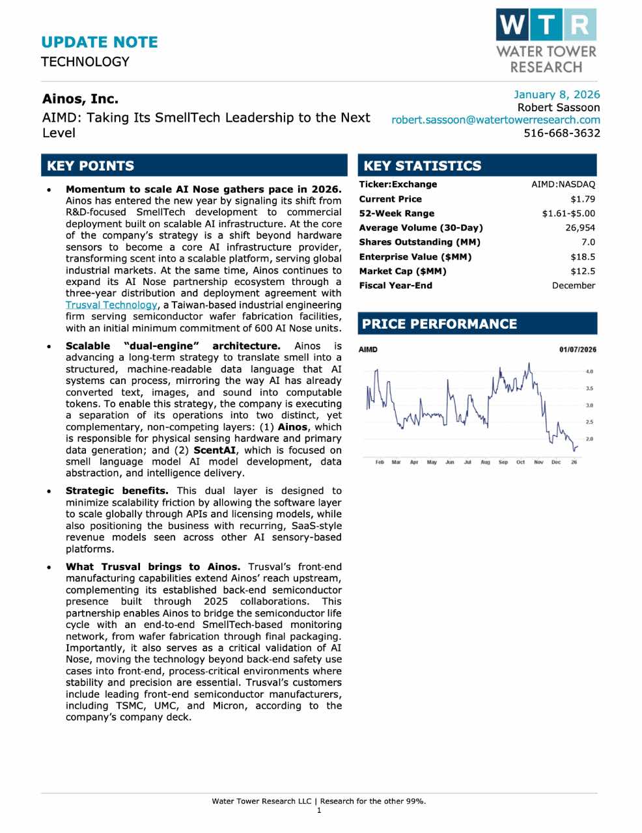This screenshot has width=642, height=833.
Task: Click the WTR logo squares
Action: (x=546, y=25)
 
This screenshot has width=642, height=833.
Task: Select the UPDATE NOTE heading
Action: (x=100, y=42)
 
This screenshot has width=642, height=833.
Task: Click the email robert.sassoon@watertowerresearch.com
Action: (x=495, y=120)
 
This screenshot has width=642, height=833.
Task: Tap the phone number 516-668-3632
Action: (x=562, y=133)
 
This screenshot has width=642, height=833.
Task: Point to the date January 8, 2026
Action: (x=557, y=94)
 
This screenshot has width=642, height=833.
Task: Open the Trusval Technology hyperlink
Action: (x=111, y=305)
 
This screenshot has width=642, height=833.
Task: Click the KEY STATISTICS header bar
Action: (x=477, y=165)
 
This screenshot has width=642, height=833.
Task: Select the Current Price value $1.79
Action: (x=583, y=199)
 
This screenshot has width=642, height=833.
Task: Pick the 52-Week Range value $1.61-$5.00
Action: (x=568, y=213)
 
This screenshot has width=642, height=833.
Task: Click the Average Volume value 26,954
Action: (x=580, y=228)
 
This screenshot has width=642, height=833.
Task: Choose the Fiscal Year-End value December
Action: (x=573, y=285)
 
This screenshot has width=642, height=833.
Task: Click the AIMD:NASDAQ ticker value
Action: (x=563, y=184)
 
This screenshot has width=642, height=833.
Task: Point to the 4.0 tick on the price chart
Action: (x=589, y=371)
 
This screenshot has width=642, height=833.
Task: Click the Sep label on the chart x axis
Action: (x=503, y=462)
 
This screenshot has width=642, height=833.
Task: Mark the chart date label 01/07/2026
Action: (x=578, y=349)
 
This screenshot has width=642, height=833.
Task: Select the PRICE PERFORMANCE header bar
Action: (x=477, y=323)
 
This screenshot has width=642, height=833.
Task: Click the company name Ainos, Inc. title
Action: (x=80, y=99)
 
